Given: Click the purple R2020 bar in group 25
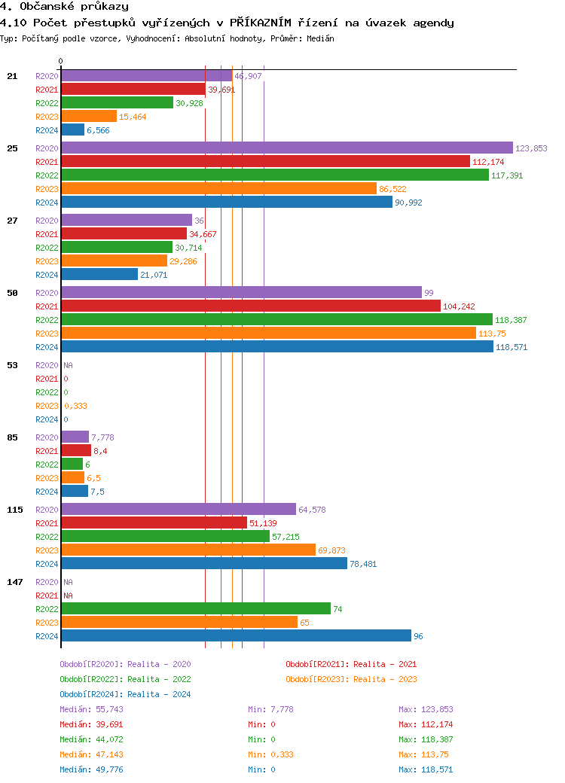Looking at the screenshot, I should coord(286,148).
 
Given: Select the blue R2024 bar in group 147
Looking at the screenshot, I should coord(236,636).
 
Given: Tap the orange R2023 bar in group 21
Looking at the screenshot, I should coord(89,117).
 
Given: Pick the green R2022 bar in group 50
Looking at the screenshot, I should coord(276,320).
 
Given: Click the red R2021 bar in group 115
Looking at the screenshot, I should coord(154,523).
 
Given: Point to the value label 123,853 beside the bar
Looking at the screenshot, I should coord(531,148).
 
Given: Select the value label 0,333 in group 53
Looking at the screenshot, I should coord(75,406).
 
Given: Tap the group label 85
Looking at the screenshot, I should coord(12,437).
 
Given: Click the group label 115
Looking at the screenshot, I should coord(14,510).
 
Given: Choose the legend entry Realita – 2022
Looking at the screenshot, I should coord(125,679).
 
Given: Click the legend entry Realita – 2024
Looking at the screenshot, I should coord(125,694).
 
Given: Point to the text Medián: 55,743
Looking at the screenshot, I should coord(91,709).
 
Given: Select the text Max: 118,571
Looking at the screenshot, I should coord(426,769).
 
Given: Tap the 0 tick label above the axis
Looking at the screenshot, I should coord(60,61).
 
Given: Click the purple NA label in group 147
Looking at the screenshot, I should coord(68,582).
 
